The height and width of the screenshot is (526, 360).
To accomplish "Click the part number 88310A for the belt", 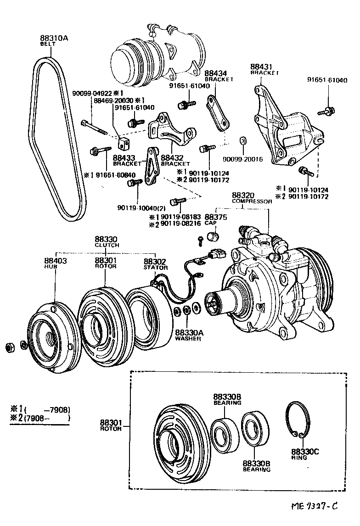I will click(x=54, y=39).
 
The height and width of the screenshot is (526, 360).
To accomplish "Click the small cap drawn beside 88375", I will click(x=212, y=237).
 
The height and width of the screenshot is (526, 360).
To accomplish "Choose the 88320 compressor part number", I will click(x=242, y=195).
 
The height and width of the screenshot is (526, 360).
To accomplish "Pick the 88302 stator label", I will click(x=153, y=261).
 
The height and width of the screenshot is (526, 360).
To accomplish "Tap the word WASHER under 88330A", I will click(x=188, y=339).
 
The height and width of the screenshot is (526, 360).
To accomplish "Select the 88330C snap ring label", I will click(x=304, y=452).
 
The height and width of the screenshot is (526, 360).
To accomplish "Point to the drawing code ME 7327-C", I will click(x=315, y=507).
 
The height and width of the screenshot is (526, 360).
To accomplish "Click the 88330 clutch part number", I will click(x=107, y=239).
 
